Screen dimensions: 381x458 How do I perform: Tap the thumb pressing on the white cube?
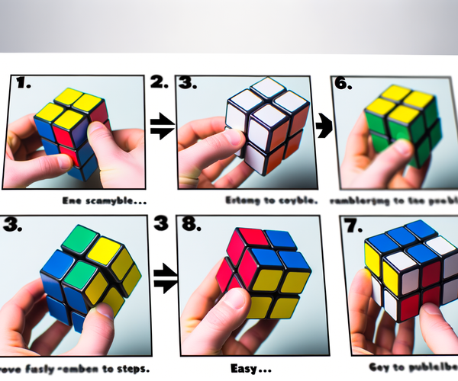point(218,141)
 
